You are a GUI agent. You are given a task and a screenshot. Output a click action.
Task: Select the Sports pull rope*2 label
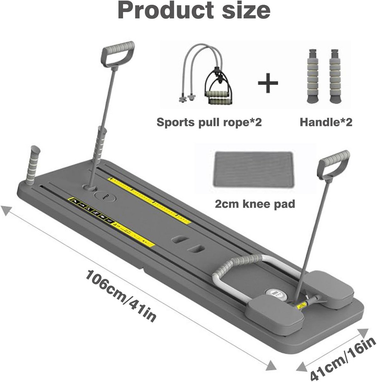[x=209, y=122]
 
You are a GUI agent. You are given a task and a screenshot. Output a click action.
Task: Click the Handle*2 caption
[x=326, y=122]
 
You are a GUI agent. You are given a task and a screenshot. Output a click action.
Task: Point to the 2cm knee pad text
[x=255, y=204]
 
